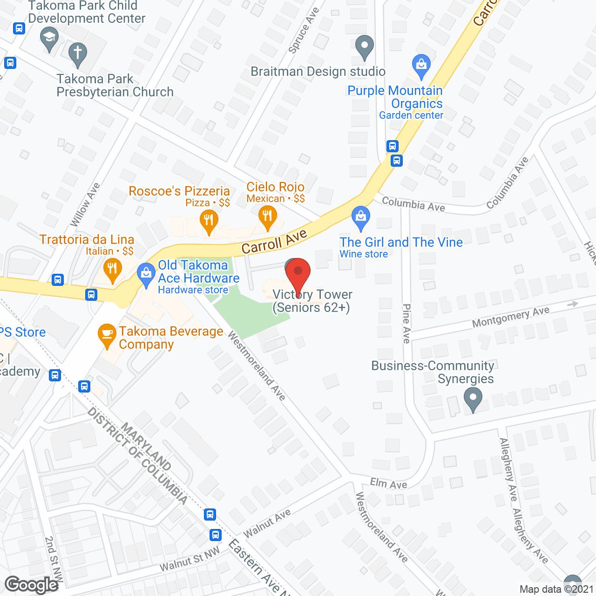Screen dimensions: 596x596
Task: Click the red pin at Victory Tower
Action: [298, 272]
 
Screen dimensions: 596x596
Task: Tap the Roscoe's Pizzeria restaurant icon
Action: [209, 220]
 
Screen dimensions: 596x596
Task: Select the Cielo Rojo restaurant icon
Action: [267, 217]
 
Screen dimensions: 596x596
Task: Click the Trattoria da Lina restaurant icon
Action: [112, 269]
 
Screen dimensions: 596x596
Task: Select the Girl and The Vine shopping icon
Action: [360, 217]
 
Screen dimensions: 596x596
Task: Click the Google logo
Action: [32, 585]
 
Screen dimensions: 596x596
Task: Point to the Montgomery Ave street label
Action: [511, 317]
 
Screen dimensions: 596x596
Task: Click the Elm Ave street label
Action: [388, 484]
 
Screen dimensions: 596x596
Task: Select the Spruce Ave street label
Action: [304, 30]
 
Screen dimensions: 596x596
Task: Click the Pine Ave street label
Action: [406, 324]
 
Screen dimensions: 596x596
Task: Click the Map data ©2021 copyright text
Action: [556, 589]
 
